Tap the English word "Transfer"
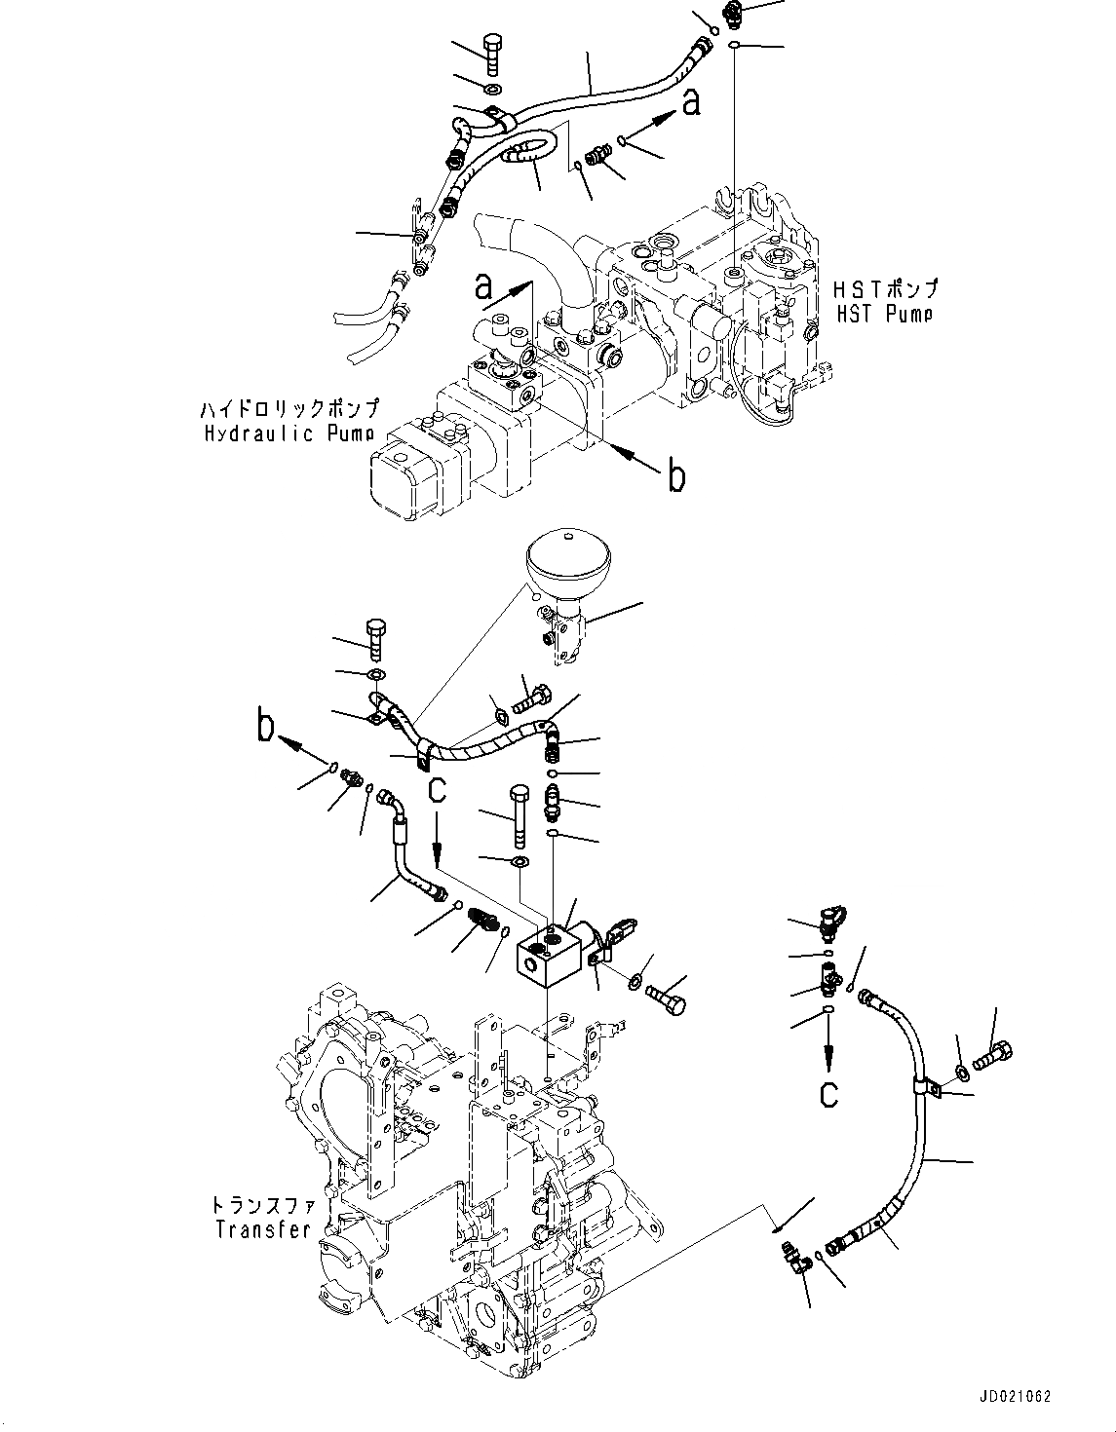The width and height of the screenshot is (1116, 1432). tap(262, 1229)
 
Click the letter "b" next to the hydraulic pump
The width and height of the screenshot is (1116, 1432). tap(675, 476)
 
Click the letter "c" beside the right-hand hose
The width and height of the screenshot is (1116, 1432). tap(828, 1093)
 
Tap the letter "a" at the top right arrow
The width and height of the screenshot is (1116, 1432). tap(690, 101)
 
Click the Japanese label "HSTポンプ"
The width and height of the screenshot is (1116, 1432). tap(885, 289)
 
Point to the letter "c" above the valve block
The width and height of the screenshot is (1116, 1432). tap(437, 791)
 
